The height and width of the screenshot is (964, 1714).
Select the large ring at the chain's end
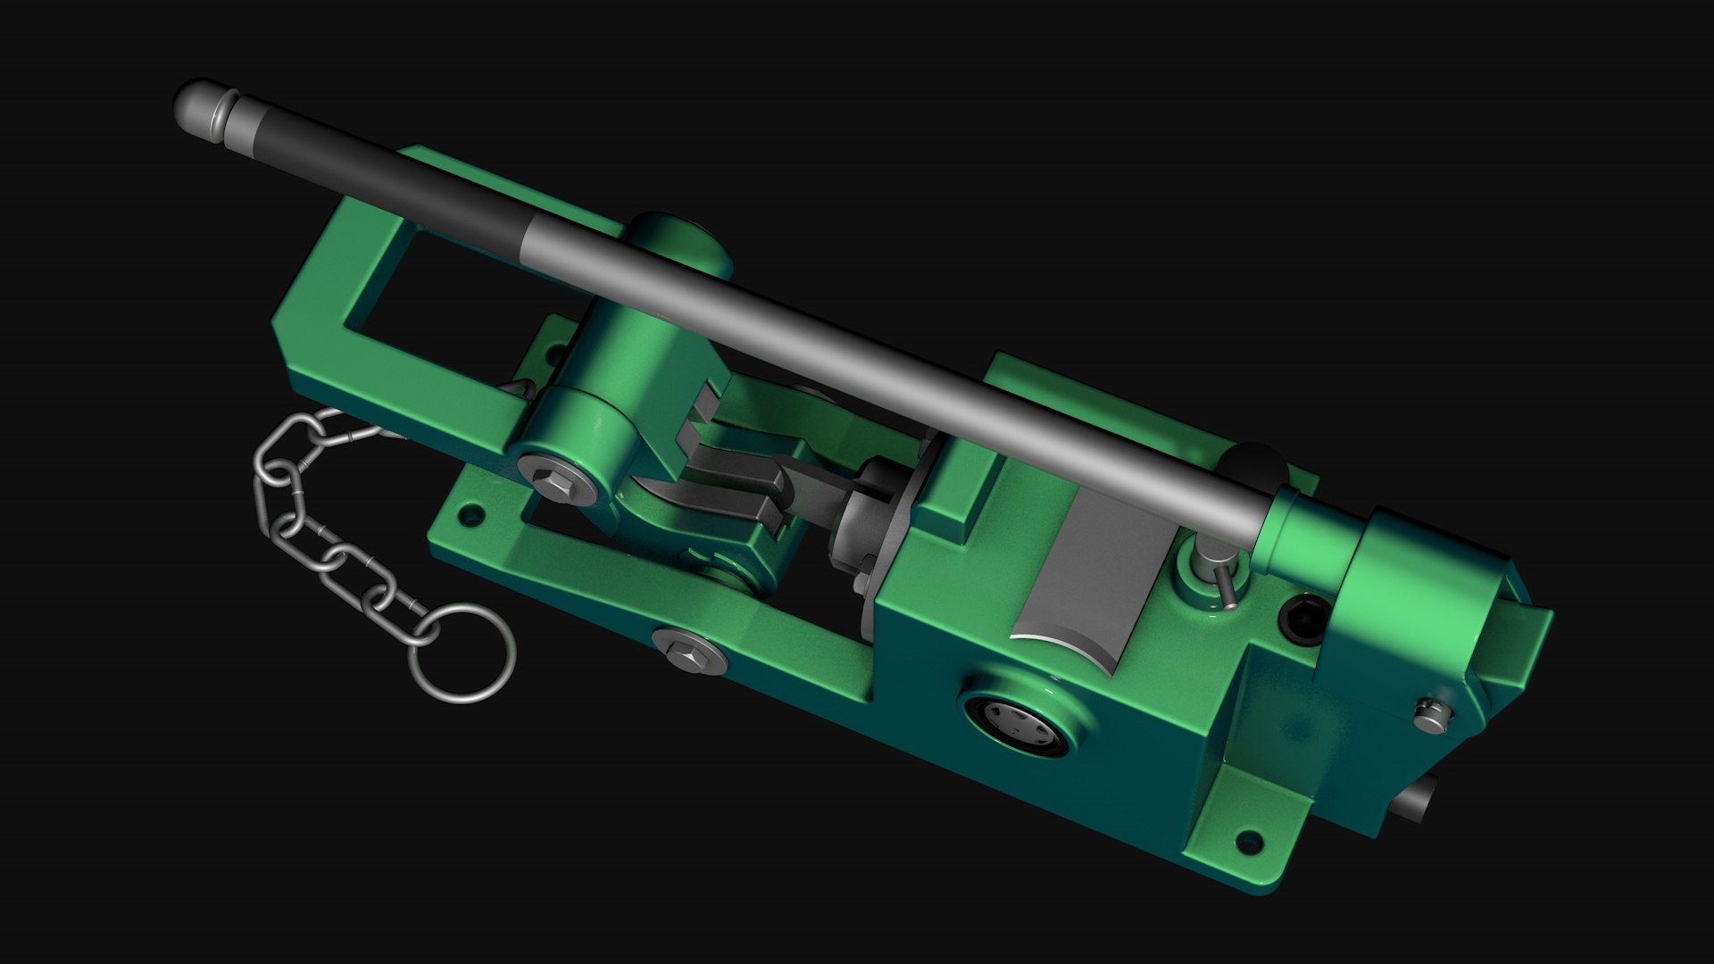pos(462,652)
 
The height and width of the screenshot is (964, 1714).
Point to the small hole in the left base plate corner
pos(468,515)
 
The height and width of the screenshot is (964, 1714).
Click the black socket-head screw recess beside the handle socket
pos(1302,619)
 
